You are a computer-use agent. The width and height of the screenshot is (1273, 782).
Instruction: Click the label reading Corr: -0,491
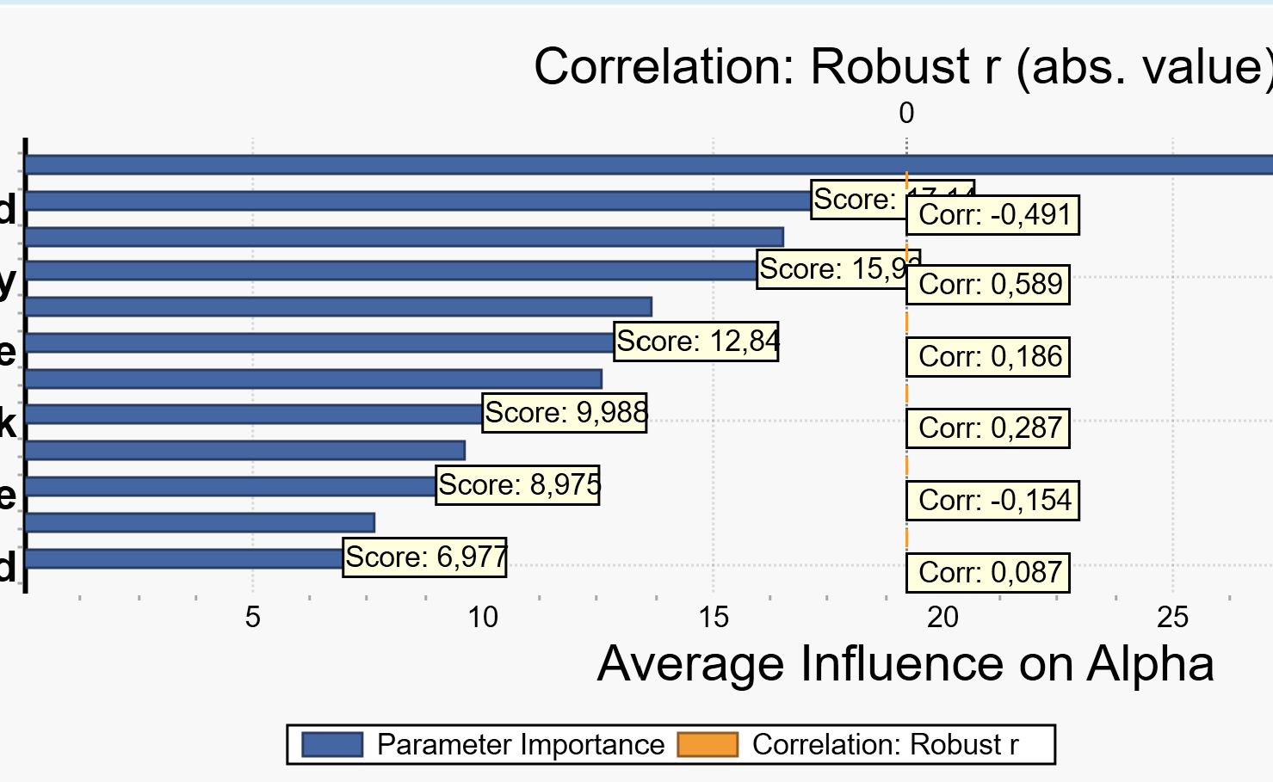992,215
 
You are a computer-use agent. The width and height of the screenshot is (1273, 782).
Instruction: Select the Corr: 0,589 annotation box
988,285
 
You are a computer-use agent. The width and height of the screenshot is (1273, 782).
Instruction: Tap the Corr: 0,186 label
988,357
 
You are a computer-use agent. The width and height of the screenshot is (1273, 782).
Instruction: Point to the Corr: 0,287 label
988,428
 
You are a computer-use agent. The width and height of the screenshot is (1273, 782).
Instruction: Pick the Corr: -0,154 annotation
992,501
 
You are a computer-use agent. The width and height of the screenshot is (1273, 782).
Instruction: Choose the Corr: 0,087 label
988,573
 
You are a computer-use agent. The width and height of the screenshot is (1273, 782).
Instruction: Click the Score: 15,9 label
837,269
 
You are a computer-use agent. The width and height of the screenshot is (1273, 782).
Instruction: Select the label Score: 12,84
696,342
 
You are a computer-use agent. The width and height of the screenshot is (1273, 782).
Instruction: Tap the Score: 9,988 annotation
565,413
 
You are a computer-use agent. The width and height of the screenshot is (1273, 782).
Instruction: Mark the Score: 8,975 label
518,485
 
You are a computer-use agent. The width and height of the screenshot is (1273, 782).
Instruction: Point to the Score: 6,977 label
425,557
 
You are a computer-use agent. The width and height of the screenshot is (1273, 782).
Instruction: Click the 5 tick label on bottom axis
252,617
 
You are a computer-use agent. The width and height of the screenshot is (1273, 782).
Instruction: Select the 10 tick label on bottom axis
483,617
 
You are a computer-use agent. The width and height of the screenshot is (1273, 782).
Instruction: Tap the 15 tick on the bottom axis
713,617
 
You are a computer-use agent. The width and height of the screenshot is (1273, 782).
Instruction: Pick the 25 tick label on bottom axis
1172,617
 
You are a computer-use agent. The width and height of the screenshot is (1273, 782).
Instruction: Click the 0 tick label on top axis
906,113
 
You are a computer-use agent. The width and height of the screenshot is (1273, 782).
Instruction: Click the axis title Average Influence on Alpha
905,664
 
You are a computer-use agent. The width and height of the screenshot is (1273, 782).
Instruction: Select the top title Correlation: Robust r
902,66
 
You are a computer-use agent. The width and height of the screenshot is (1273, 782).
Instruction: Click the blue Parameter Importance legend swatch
332,745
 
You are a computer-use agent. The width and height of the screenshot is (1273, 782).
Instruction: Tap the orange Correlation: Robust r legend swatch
708,745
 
